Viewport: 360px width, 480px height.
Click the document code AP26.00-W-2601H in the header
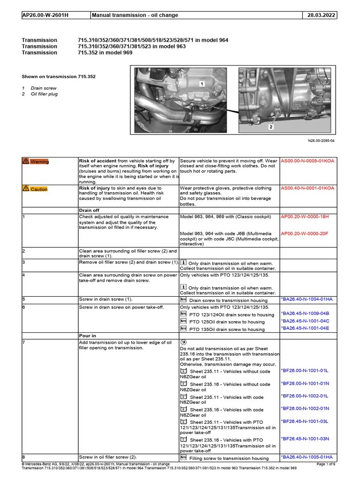point(45,15)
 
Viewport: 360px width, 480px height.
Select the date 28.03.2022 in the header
point(322,15)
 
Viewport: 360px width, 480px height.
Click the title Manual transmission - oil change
point(135,15)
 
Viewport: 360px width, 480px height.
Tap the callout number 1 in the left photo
point(202,84)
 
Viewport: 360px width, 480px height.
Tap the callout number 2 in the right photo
point(270,127)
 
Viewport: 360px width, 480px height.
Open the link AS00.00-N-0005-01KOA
point(307,161)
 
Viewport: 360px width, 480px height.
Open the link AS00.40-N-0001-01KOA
point(307,188)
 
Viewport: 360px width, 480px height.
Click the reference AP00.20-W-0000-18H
point(305,217)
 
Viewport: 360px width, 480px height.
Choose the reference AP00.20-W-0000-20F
point(305,233)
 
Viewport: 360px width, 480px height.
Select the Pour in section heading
point(88,336)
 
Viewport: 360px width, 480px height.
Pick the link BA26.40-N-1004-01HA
point(307,299)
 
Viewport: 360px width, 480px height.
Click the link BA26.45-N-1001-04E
point(305,328)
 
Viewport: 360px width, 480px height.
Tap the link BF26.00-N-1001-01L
point(305,370)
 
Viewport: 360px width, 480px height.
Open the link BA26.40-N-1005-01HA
point(307,457)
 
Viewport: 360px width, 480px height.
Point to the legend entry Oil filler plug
point(45,94)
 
